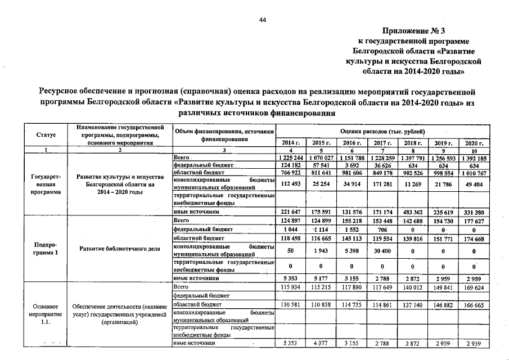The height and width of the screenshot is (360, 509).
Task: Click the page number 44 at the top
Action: [262, 20]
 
